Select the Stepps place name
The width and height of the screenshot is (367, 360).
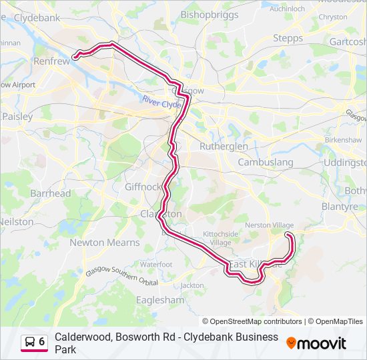tap(288, 38)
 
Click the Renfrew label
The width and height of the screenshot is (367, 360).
tap(51, 61)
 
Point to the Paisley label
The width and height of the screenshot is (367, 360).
tap(17, 116)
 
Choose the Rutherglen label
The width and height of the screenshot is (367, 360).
tap(224, 146)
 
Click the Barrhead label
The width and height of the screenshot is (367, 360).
tap(50, 193)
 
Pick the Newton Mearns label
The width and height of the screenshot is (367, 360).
tap(105, 243)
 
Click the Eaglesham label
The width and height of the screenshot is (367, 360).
tap(160, 300)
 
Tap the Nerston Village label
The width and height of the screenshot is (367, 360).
tap(269, 225)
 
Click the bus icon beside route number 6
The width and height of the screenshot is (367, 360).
tap(31, 342)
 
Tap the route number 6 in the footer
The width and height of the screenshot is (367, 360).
tap(42, 342)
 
